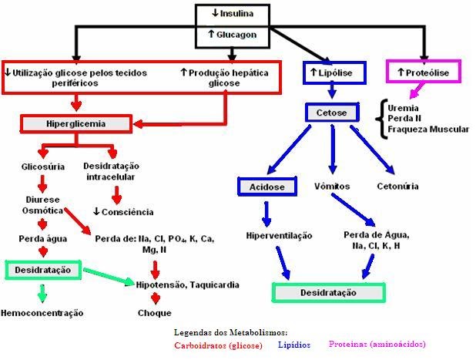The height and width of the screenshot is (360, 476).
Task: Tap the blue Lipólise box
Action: coord(333,72)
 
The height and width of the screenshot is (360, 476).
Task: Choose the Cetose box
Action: coord(332,113)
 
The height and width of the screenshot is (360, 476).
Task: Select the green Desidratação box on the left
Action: coord(43,270)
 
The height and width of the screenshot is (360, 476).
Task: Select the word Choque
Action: coord(155,313)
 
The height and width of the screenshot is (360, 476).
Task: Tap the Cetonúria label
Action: coord(397,187)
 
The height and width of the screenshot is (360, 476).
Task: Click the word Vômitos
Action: coord(332,187)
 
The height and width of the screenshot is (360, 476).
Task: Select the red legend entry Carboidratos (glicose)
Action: coord(220,345)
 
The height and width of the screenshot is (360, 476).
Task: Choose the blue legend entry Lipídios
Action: coord(295,345)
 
